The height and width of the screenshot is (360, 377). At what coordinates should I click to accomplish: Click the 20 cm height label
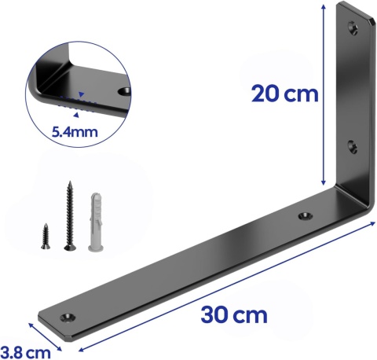click(284, 94)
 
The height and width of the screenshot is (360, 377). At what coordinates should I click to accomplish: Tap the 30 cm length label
click(233, 316)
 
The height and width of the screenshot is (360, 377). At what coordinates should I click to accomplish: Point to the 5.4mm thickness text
click(74, 132)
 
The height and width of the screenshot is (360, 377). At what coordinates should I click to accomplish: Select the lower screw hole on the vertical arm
click(351, 145)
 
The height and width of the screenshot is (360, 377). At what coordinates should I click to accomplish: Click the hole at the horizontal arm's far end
click(68, 316)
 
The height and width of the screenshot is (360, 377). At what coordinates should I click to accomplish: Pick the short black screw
click(44, 234)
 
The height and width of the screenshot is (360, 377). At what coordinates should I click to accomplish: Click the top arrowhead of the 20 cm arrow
click(324, 6)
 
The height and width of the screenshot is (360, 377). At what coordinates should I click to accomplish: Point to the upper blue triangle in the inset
click(80, 94)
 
